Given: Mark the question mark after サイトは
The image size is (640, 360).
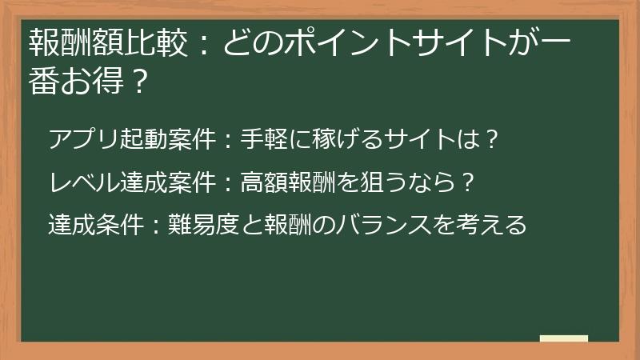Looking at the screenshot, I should point(494,139).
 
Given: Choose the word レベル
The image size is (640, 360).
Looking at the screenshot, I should point(85,182).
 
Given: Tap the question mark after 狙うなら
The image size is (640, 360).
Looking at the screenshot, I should point(470,182).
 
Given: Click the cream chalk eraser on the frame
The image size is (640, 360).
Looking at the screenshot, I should point(564,339).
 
